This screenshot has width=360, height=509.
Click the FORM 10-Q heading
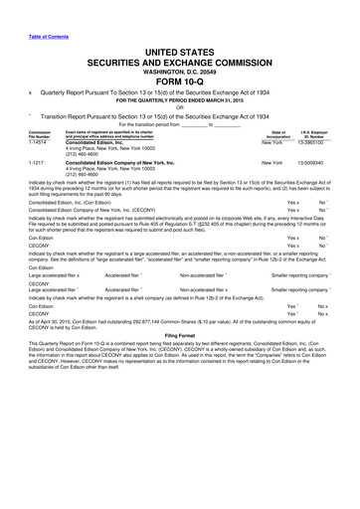coord(180,81)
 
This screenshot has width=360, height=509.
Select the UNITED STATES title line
coord(180,49)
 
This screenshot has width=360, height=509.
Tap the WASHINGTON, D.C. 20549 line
coord(180,70)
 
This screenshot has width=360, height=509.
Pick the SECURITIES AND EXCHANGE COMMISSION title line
coord(180,60)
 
